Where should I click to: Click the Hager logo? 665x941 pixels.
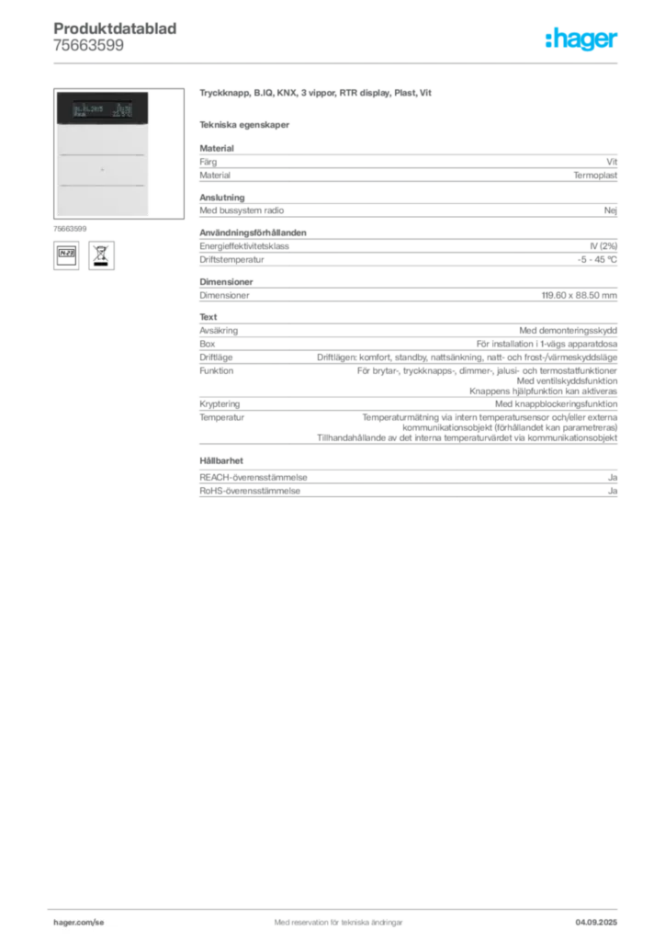point(580,39)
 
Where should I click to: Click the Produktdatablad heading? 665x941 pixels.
point(115,28)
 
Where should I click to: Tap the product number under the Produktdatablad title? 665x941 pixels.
point(89,46)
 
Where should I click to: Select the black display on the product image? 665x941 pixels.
point(103,108)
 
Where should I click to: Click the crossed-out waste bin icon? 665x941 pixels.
point(101,255)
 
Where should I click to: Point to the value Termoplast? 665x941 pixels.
point(595,176)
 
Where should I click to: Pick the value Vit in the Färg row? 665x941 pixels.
point(611,162)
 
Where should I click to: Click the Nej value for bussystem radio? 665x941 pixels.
point(611,210)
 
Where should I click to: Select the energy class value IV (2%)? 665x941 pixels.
point(603,246)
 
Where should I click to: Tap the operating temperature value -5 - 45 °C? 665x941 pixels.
point(597,260)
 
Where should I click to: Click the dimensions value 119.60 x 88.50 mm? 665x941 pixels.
point(580,295)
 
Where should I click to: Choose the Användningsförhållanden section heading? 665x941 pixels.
point(253,232)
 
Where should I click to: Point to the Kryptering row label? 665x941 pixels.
point(220,404)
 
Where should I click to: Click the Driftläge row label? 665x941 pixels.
point(216,357)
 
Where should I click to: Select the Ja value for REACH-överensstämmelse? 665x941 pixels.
point(613,478)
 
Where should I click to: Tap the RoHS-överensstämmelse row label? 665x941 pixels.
point(250,491)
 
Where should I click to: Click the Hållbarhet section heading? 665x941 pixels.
point(221,461)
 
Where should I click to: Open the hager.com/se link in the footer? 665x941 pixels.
point(79,923)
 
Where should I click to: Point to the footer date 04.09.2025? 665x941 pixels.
point(596,923)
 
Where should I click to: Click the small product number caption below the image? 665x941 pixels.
point(70,229)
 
